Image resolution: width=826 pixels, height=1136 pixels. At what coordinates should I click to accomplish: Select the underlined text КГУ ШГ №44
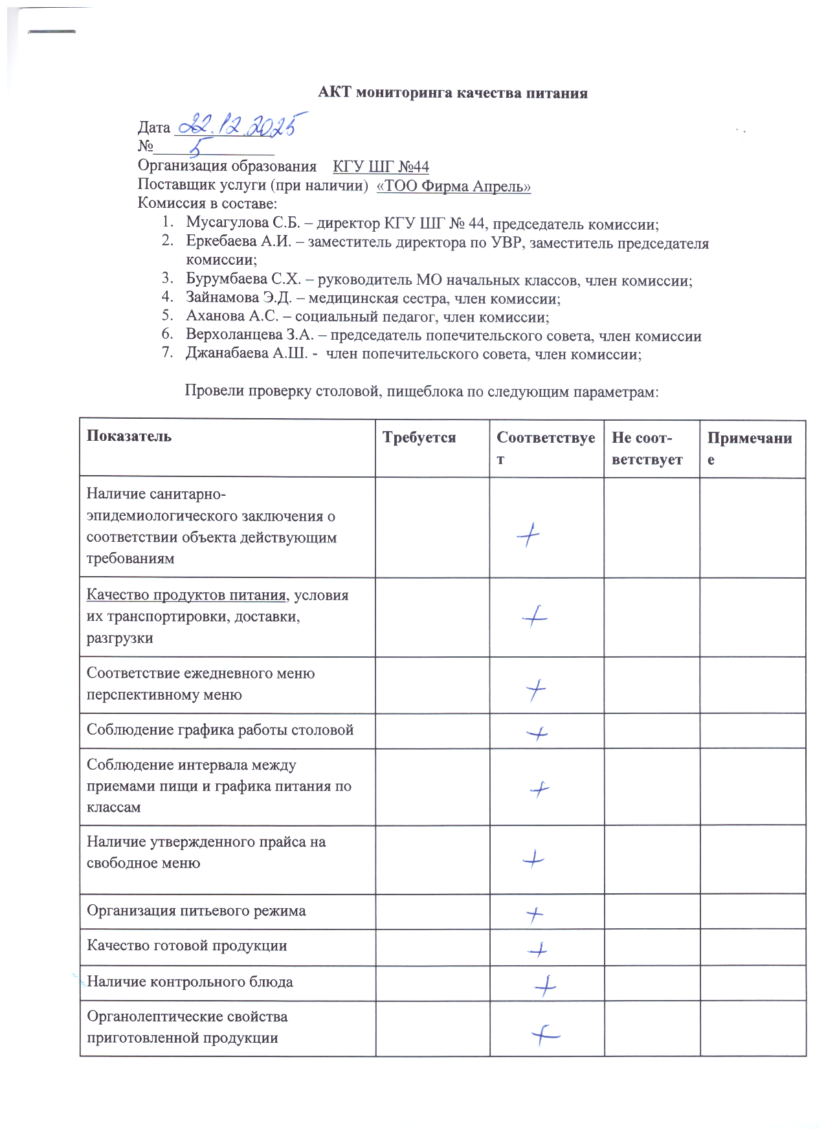[381, 167]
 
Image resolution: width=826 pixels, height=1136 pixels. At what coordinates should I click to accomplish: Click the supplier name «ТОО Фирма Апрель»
[453, 186]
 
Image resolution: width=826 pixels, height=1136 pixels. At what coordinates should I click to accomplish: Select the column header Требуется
[419, 438]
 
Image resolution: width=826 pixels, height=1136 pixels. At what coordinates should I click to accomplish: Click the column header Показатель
[129, 436]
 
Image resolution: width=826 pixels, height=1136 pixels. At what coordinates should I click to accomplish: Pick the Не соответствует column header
[647, 449]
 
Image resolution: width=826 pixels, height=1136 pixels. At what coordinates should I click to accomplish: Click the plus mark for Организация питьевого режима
[534, 914]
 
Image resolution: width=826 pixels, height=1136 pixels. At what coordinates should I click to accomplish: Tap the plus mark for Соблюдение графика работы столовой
[537, 733]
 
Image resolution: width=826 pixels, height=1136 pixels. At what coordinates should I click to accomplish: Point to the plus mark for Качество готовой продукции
[537, 950]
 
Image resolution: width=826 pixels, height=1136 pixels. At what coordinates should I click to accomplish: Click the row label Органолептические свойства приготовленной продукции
[187, 1027]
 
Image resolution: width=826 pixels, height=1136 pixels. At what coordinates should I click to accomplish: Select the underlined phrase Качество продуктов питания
[186, 596]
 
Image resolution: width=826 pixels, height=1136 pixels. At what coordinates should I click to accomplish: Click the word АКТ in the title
[335, 93]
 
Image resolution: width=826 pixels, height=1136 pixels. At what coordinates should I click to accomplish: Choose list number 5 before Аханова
[168, 317]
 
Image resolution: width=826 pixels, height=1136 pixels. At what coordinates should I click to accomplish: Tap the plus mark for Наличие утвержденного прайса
[533, 859]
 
